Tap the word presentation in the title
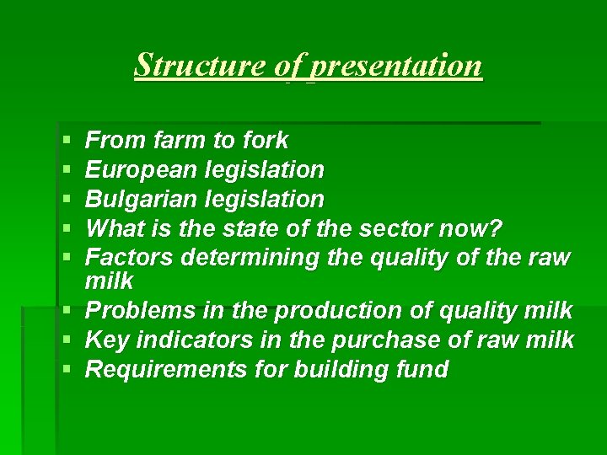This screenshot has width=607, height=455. point(396,65)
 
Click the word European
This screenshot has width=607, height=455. point(142,169)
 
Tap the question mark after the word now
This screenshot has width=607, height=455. point(497,228)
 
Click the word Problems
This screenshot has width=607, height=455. point(139,311)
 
